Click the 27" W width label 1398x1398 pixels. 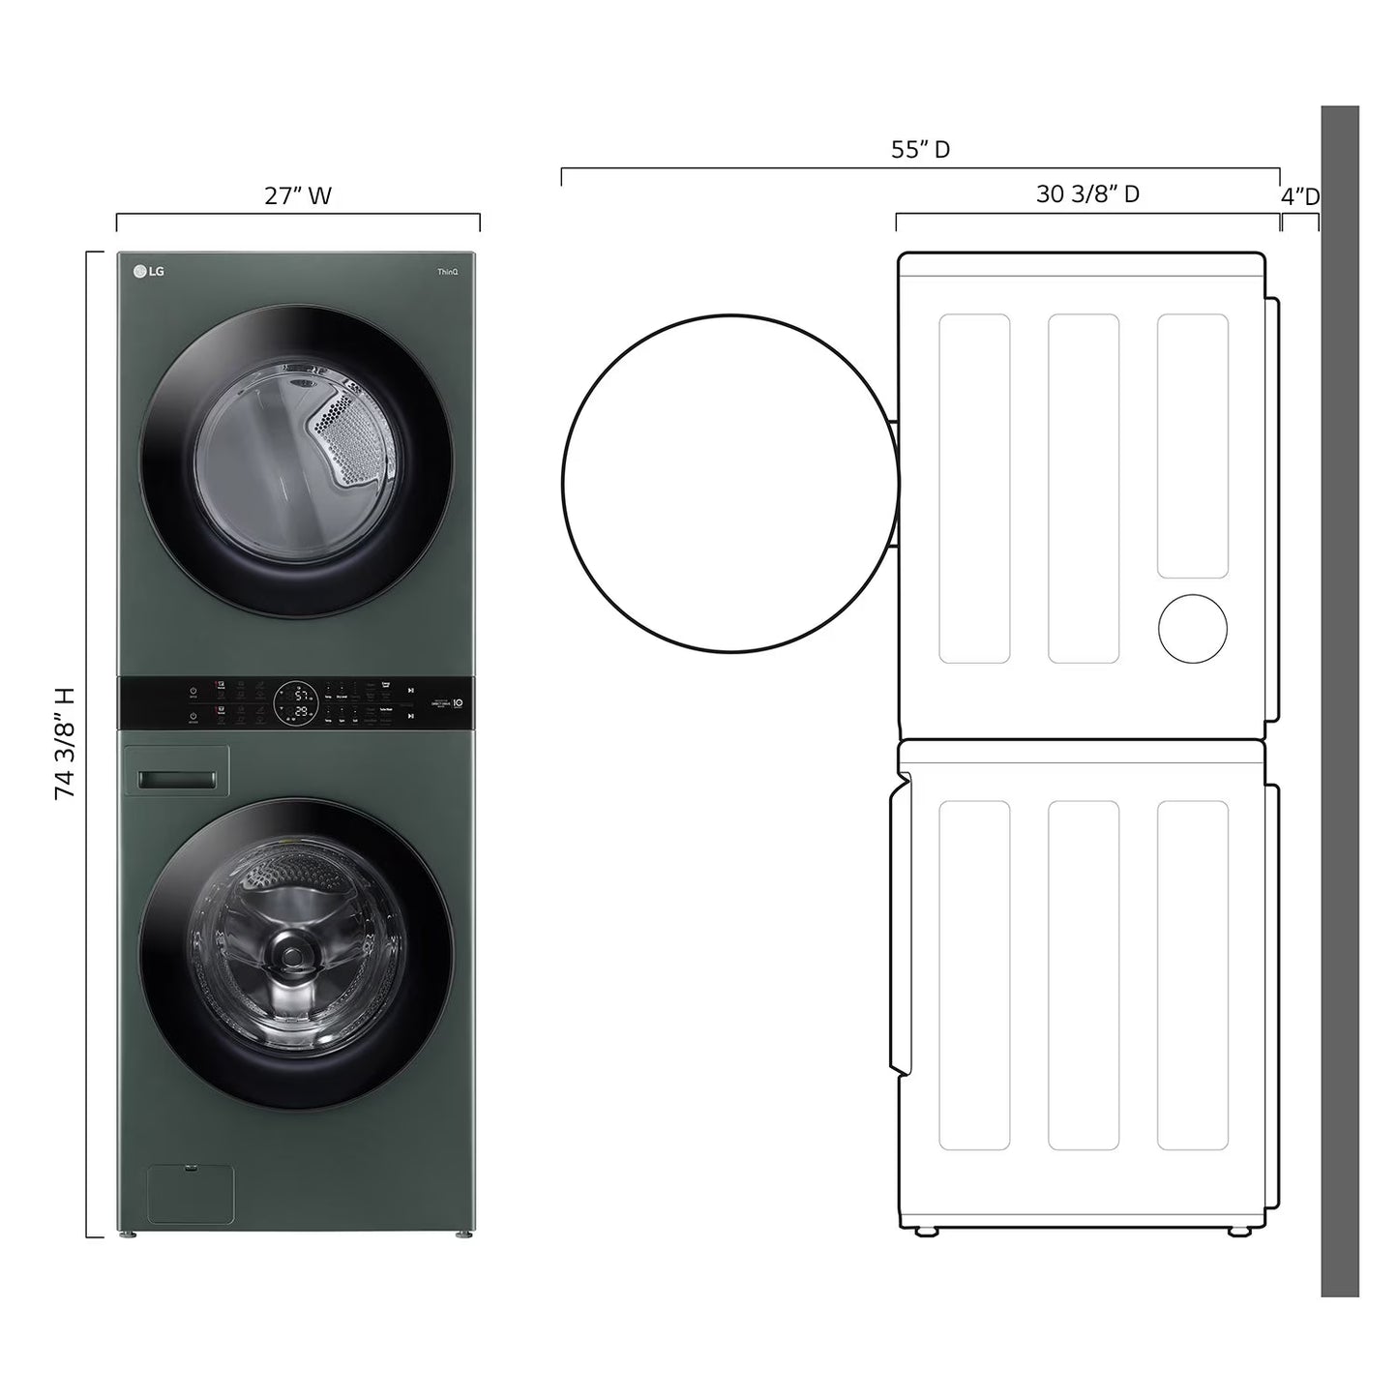pos(298,196)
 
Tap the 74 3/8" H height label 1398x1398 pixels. pos(65,743)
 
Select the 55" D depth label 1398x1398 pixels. pos(920,150)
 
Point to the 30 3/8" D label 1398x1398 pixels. pos(1087,194)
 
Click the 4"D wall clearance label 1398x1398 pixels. pos(1299,197)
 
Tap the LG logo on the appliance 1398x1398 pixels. pos(149,271)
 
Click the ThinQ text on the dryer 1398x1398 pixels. pos(447,273)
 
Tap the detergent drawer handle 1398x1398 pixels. pos(176,780)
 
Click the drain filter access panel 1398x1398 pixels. pos(190,1194)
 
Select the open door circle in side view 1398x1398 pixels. pos(730,483)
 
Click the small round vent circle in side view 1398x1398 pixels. pos(1193,629)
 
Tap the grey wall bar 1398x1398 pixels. pos(1340,700)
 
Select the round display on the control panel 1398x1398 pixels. pos(294,703)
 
